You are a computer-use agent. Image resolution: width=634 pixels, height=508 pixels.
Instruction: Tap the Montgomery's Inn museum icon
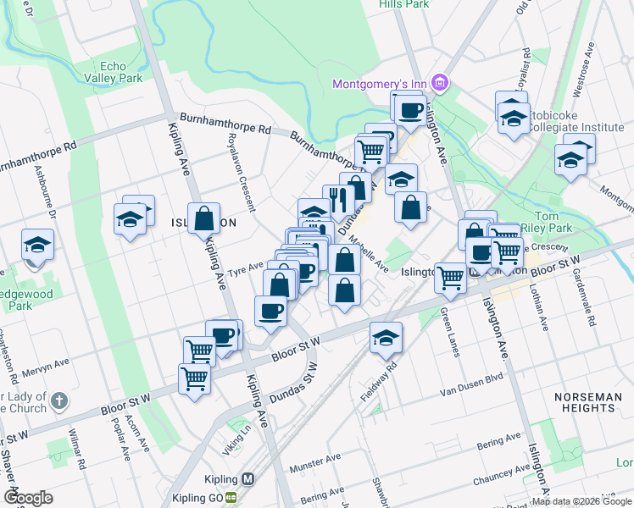pyautogui.click(x=440, y=83)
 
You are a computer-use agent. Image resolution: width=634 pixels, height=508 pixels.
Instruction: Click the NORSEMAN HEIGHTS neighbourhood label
pyautogui.click(x=596, y=402)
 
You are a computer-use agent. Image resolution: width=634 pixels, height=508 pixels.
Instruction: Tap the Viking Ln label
pyautogui.click(x=239, y=433)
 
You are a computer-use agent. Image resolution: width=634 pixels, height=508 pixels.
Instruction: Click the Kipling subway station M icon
pyautogui.click(x=247, y=479)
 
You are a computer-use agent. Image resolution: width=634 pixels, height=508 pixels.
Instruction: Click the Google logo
pyautogui.click(x=29, y=498)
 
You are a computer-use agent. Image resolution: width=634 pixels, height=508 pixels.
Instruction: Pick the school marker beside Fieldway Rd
pyautogui.click(x=386, y=337)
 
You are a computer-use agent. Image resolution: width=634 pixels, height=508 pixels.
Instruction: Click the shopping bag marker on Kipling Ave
pyautogui.click(x=204, y=219)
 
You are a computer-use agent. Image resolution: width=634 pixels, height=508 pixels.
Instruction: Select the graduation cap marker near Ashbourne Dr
pyautogui.click(x=37, y=245)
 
